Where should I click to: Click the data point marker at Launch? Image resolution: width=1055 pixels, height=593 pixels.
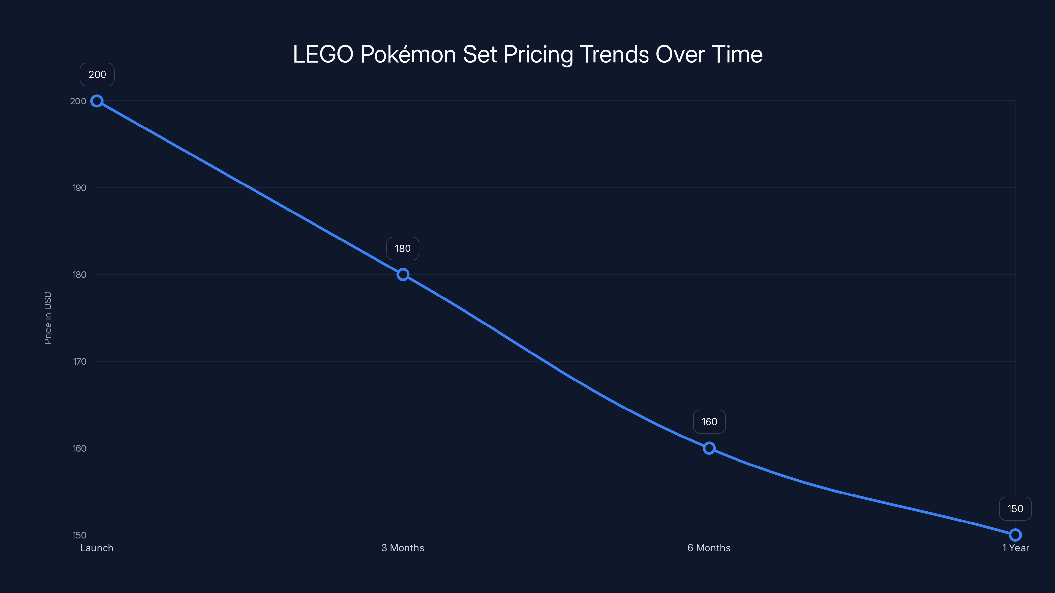coord(97,101)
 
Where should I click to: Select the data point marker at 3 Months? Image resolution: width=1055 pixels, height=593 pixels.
coord(403,275)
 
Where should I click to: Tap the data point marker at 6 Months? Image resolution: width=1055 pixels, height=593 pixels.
coord(709,448)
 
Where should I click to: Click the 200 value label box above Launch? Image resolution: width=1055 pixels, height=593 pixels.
coord(97,74)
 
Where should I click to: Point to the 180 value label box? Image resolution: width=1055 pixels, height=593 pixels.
coord(403,248)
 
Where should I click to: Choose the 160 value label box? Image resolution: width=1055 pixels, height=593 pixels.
coord(709,422)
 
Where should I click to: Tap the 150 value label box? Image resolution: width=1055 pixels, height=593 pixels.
coord(1015,509)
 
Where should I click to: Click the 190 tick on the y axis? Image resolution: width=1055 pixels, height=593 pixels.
coord(79,188)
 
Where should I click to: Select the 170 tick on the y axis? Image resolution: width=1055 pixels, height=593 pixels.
coord(79,361)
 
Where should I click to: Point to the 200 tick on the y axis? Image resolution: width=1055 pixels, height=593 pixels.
coord(78,101)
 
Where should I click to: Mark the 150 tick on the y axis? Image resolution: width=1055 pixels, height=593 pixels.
coord(79,535)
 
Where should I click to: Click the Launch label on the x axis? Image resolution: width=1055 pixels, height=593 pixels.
coord(97,548)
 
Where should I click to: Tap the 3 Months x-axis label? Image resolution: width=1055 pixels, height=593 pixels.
coord(403,548)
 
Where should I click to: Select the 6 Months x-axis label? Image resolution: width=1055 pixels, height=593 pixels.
coord(709,548)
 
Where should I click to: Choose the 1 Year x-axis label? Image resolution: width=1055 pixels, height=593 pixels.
coord(1015,548)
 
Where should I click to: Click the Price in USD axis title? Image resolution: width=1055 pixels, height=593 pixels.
coord(48,318)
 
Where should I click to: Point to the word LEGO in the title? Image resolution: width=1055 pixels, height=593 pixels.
coord(323,54)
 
